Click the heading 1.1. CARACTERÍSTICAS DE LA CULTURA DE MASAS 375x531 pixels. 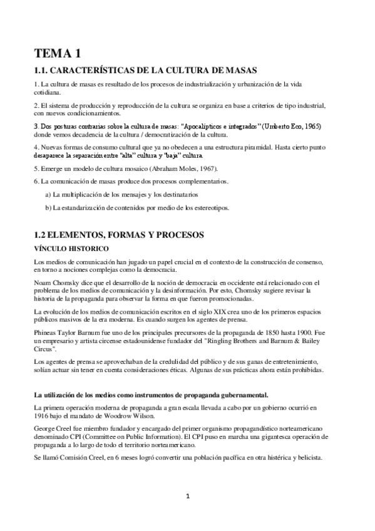tap(145, 69)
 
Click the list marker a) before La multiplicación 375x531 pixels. tap(48, 195)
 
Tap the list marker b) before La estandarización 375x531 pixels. tap(48, 207)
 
